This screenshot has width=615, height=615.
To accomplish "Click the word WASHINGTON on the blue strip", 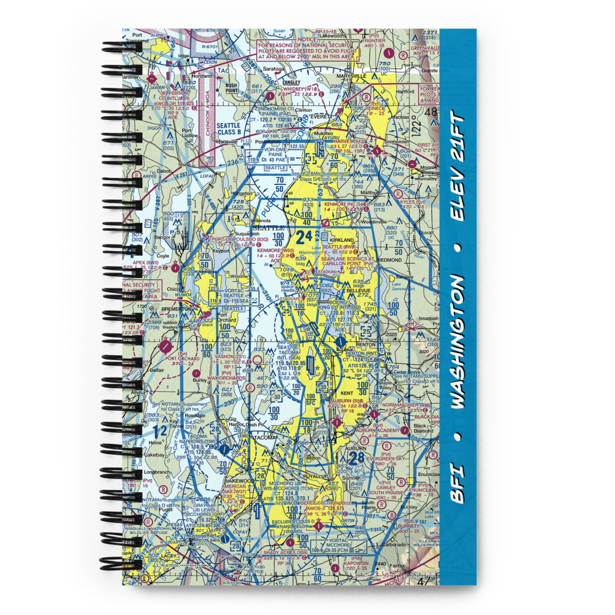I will click(x=458, y=342).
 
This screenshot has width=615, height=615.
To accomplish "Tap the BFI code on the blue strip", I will click(x=458, y=485).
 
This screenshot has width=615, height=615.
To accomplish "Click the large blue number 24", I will click(x=303, y=237).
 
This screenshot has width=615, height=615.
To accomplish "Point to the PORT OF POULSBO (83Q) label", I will click(x=228, y=239).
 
